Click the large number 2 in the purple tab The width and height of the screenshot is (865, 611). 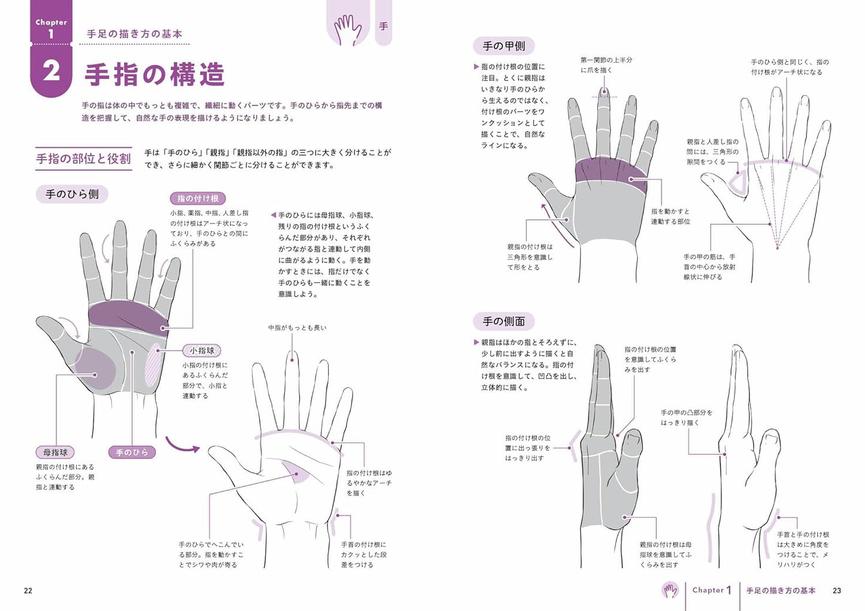pos(51,71)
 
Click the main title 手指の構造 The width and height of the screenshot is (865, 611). pos(154,74)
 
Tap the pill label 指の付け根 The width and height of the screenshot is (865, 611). pos(198,198)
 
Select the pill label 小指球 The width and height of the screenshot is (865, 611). pos(202,350)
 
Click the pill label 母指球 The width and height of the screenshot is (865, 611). pos(55,452)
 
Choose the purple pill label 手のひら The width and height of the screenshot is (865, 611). pos(132,452)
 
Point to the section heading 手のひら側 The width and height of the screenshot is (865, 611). pos(72,194)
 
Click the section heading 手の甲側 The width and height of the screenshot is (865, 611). pos(504,46)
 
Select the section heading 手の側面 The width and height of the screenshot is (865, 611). pos(504,321)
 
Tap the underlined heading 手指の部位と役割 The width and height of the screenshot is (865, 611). pos(83,159)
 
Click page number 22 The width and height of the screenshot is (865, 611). pos(28,591)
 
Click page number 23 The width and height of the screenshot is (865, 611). pos(837,591)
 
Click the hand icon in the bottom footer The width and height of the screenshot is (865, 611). pos(670,591)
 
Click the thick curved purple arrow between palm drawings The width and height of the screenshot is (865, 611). pos(183,446)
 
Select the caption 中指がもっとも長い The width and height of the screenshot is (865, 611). pos(298,328)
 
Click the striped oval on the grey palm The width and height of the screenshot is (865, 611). pos(153,364)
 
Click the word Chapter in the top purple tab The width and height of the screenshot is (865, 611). pos(51,22)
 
